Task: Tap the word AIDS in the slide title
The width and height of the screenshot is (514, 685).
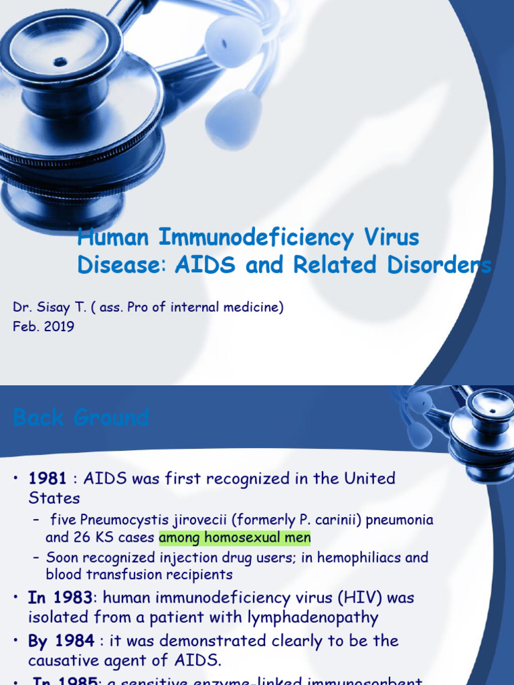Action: tap(205, 266)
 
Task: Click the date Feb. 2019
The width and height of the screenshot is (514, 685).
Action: tap(44, 326)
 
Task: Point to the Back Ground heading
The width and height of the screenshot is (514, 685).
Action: tap(81, 418)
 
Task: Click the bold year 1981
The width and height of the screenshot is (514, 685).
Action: tap(48, 478)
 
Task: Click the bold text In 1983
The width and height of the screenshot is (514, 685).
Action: tap(64, 597)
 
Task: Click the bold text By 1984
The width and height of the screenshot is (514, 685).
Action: tap(61, 640)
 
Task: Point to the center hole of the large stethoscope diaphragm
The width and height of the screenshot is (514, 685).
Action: tap(61, 62)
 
